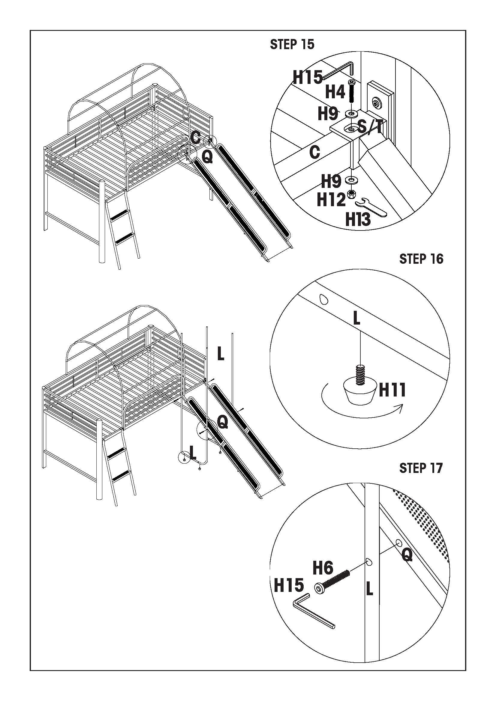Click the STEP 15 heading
292,45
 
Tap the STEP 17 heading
421,468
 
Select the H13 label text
358,219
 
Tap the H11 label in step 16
392,390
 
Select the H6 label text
323,568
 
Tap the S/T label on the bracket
370,126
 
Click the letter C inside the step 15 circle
314,152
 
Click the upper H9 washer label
328,114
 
